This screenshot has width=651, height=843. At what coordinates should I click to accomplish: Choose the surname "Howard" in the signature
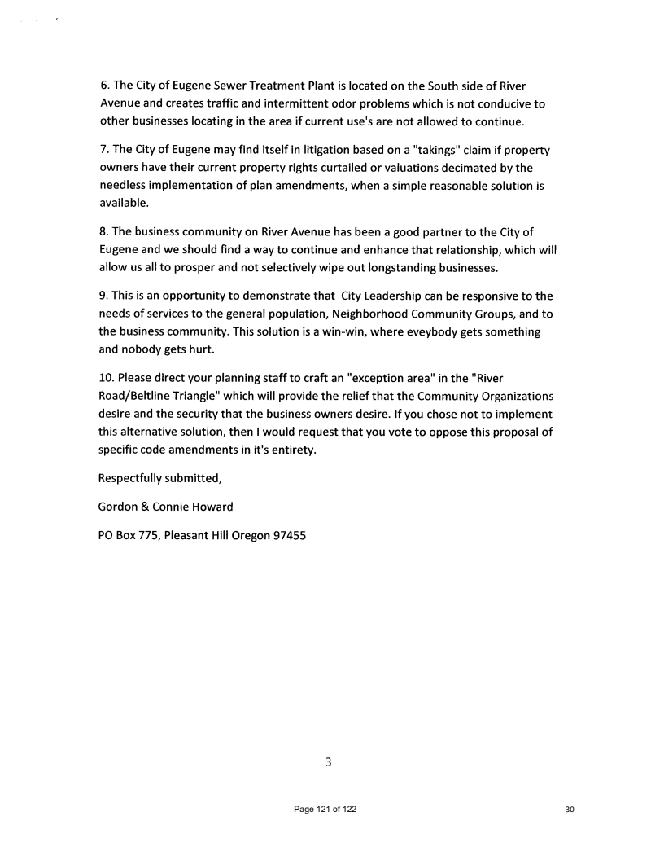tap(211, 507)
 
